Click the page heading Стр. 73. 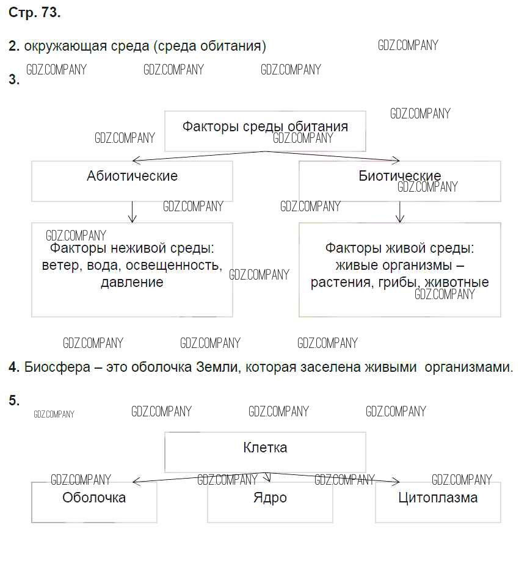[x=35, y=13]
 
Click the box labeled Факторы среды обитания [x=265, y=130]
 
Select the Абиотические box [x=132, y=181]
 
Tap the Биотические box [x=399, y=181]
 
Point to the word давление [x=132, y=282]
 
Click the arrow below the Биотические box [x=400, y=212]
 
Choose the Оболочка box [x=94, y=502]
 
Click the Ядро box [x=270, y=502]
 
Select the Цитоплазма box [x=438, y=502]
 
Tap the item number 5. [x=14, y=400]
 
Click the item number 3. [x=14, y=79]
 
